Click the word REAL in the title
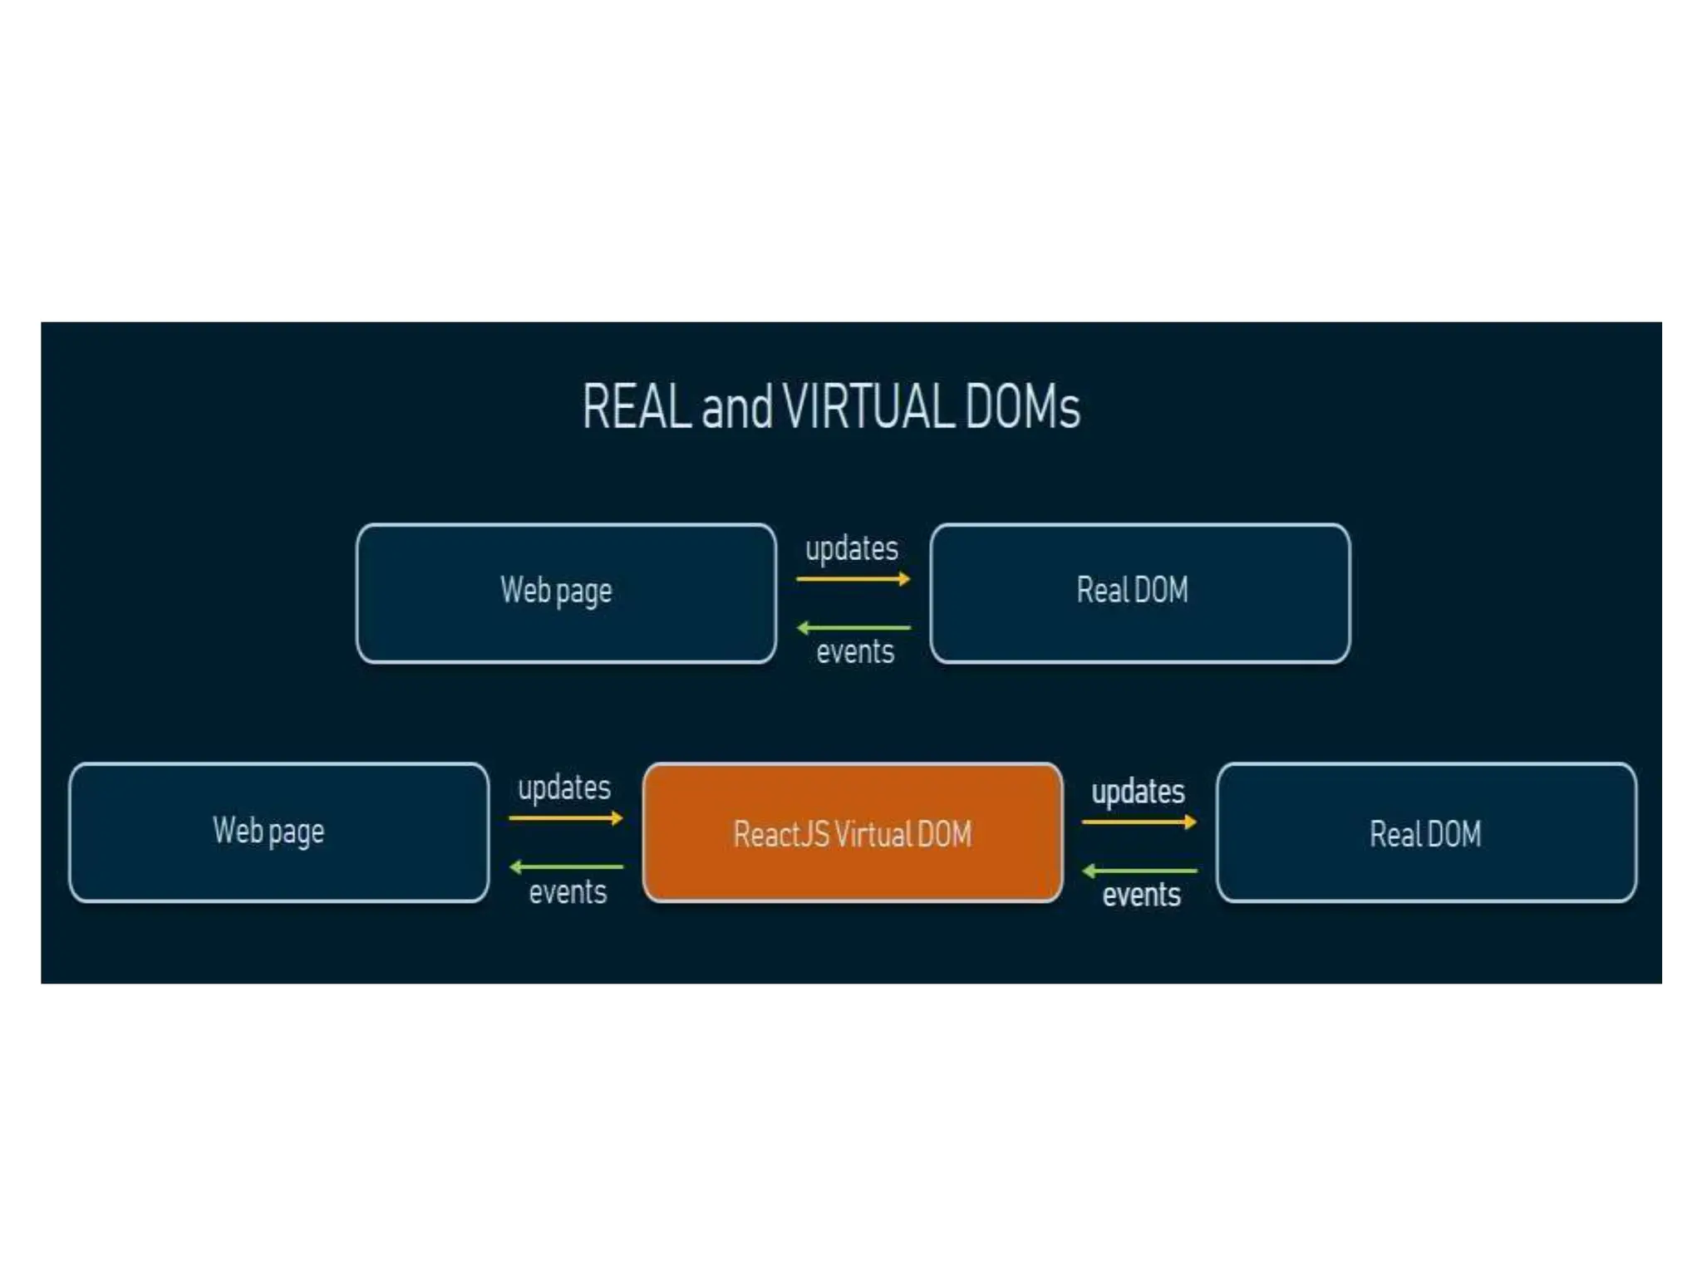[637, 407]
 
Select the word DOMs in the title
[1022, 407]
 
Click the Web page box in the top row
[566, 593]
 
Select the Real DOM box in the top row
[1139, 593]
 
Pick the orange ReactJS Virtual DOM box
[853, 832]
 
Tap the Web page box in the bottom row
[279, 832]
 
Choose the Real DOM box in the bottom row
[1426, 832]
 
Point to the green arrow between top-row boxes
[853, 628]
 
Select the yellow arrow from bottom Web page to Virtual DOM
[566, 818]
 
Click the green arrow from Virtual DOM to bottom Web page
[566, 867]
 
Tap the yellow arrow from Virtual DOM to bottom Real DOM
[1139, 822]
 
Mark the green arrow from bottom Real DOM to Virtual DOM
[1139, 871]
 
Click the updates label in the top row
[852, 549]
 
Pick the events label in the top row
[855, 652]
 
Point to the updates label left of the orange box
[564, 788]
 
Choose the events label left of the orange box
[568, 892]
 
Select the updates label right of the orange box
[1138, 792]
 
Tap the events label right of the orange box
[1141, 896]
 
